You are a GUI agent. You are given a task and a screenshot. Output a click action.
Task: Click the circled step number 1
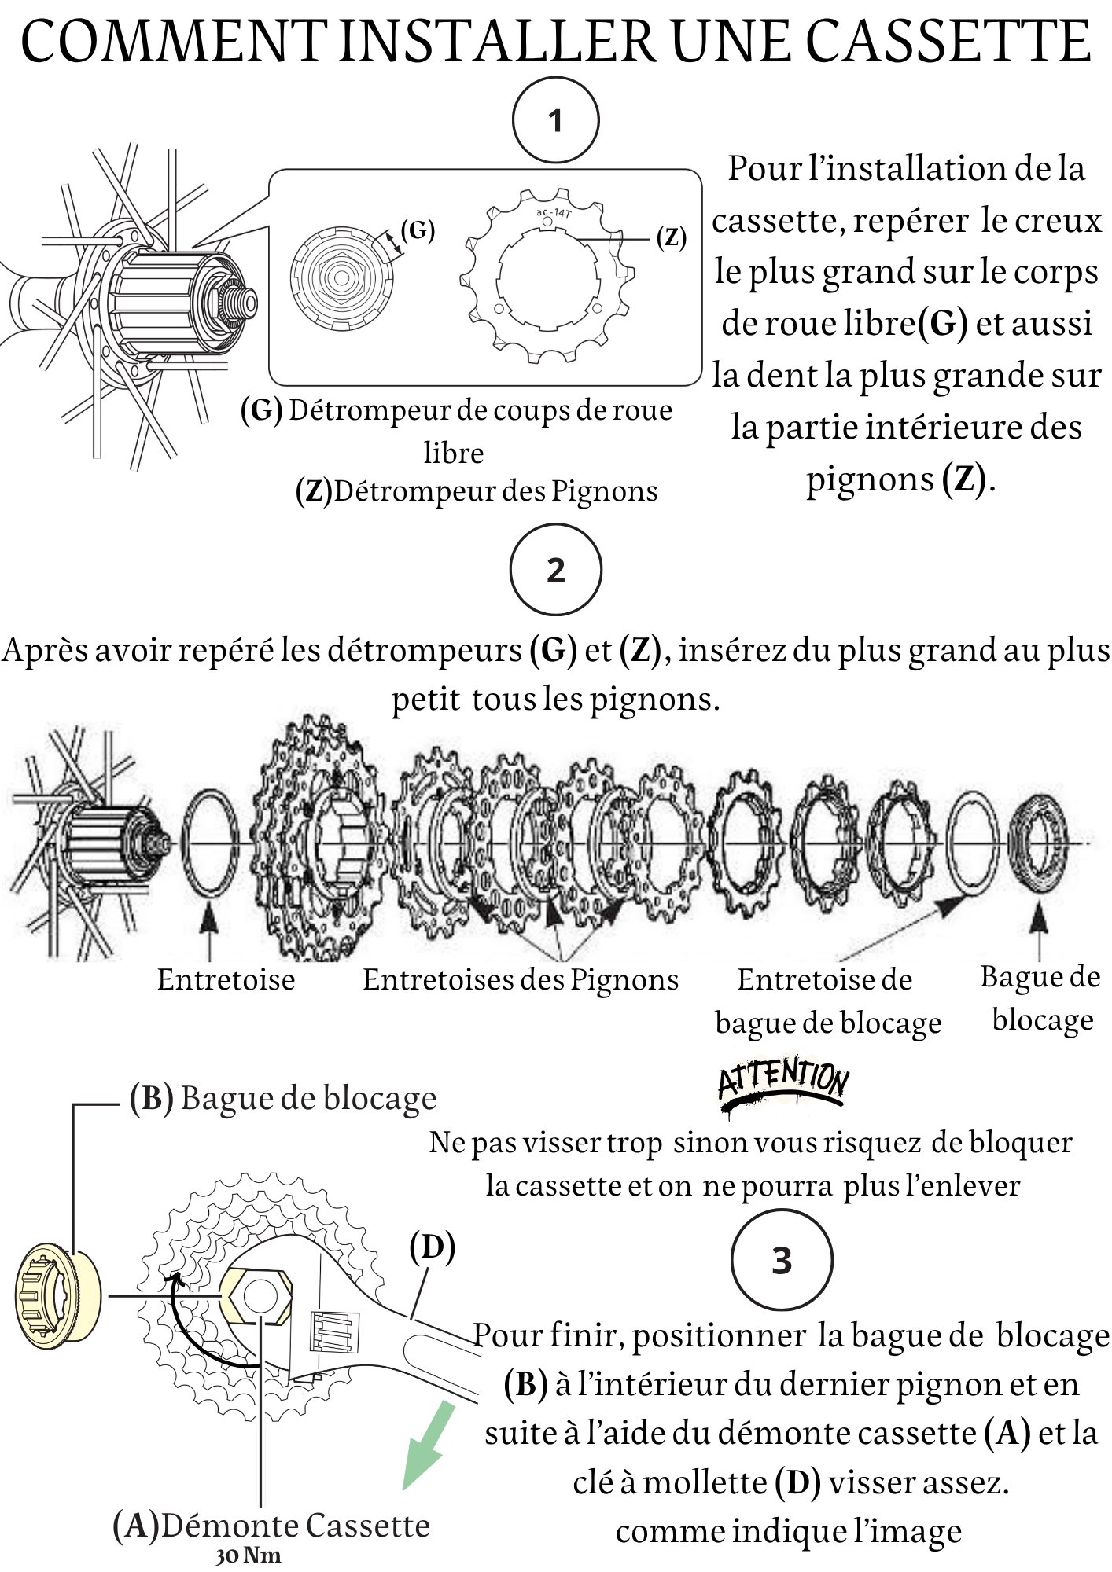point(555,120)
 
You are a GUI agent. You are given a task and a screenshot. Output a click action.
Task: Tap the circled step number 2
point(555,570)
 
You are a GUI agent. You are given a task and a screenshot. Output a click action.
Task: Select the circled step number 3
point(781,1261)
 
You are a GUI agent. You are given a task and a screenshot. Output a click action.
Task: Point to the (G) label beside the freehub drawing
point(418,230)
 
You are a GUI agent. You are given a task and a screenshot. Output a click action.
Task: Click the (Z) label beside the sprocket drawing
point(672,237)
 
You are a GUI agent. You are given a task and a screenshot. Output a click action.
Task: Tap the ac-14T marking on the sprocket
point(554,212)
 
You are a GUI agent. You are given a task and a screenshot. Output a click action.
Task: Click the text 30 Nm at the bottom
point(249,1555)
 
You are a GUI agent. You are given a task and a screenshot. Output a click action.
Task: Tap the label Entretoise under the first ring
point(226,980)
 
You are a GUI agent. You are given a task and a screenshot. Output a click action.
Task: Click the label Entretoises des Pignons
point(520,980)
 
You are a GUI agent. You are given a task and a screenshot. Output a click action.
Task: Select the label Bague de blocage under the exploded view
point(1040,998)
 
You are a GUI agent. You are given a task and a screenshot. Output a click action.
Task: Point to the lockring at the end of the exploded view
point(1038,843)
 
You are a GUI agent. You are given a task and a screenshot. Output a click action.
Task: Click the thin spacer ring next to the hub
point(210,843)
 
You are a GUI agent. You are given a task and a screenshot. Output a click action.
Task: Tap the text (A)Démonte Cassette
point(271,1526)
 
